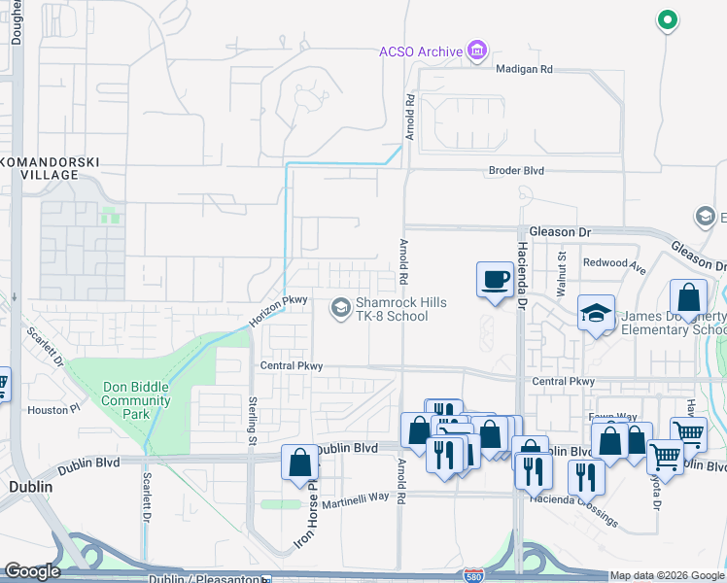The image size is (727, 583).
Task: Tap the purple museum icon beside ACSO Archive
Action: (476, 50)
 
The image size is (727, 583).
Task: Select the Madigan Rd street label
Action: (524, 70)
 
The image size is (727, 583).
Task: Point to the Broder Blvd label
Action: (516, 171)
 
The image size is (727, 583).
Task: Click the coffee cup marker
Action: (494, 280)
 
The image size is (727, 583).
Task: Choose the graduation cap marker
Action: (596, 313)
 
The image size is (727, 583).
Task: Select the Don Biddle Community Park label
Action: (136, 400)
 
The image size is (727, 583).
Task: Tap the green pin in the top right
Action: (667, 19)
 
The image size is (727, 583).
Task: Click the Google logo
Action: (32, 571)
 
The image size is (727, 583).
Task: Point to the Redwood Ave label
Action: (614, 263)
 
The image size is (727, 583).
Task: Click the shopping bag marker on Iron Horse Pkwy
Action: (299, 463)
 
